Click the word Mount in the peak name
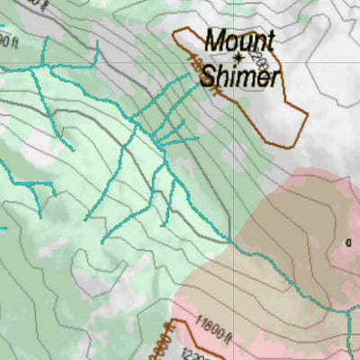tap(238, 40)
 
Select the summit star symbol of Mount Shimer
tap(238, 58)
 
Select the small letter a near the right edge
tap(349, 240)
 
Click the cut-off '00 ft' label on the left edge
tap(8, 41)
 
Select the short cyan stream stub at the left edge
tap(4, 227)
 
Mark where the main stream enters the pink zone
tap(232, 243)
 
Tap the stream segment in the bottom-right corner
tap(351, 342)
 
